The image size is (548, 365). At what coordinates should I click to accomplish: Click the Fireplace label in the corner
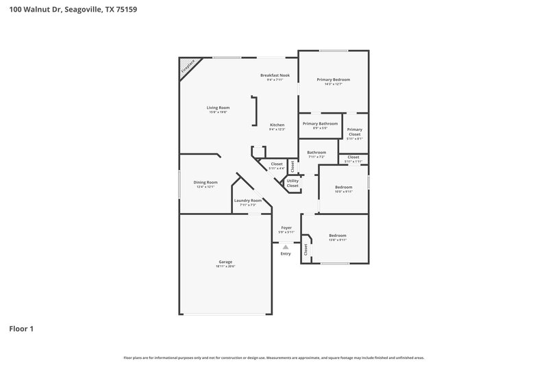pos(188,66)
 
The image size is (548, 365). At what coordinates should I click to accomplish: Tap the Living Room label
pos(219,108)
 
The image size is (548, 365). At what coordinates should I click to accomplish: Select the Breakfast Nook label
pos(275,75)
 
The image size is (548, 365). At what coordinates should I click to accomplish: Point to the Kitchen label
pos(277,125)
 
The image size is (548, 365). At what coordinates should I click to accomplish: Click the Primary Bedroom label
pos(334,79)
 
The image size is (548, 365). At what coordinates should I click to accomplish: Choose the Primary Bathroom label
pos(320,123)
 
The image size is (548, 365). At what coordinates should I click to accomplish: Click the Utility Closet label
pos(292,183)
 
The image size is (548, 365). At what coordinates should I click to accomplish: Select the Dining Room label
pos(206,182)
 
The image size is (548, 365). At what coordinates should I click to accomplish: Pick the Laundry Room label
pos(247,200)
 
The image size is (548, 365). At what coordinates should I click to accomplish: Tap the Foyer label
pos(286,227)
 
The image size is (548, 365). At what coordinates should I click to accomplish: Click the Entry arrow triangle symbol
pos(286,247)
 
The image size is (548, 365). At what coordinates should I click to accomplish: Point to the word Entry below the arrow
pos(286,253)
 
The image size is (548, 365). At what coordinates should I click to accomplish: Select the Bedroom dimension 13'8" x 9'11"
pos(338,240)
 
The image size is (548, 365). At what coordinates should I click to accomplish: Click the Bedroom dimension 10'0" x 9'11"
pos(343,192)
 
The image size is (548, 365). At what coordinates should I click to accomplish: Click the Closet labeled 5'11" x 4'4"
pos(277,168)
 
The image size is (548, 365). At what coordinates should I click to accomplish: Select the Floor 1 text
pos(21,329)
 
